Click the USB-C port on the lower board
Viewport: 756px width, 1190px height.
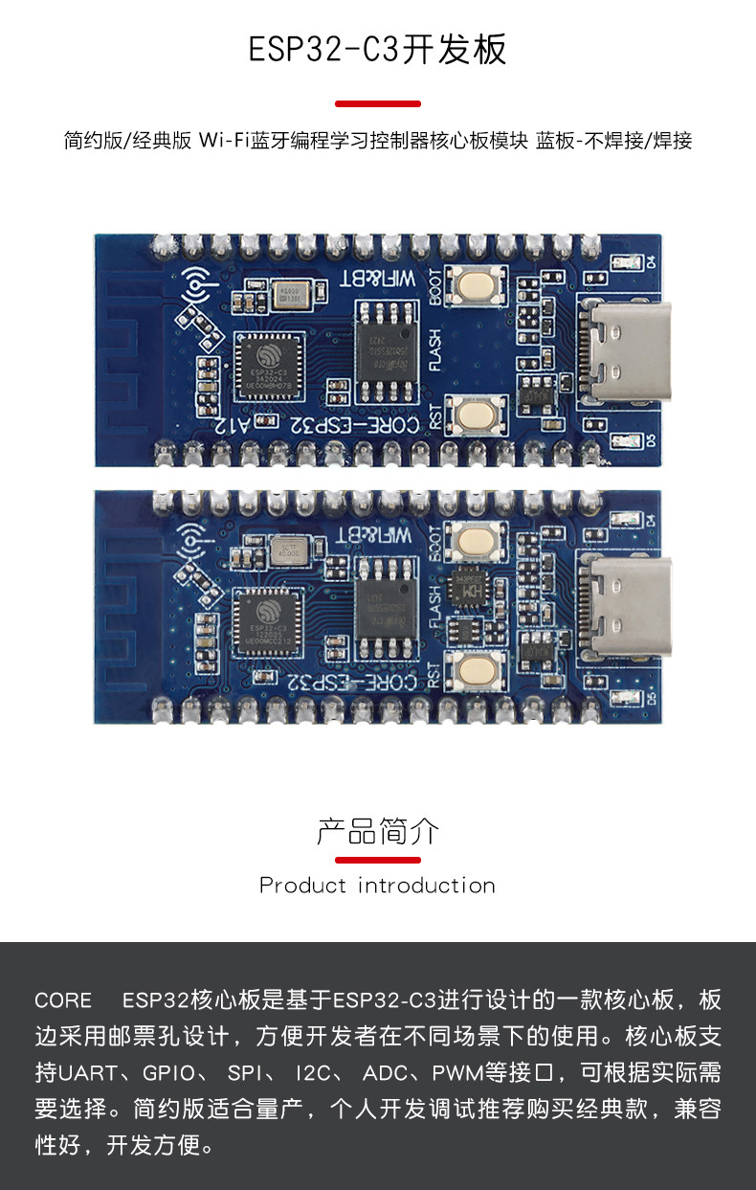click(x=629, y=607)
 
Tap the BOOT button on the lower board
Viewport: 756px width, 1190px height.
click(x=476, y=542)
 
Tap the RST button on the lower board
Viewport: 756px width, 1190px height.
click(x=476, y=669)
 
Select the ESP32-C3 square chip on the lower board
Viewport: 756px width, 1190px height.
click(x=267, y=622)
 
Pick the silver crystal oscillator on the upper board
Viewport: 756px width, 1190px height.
click(x=290, y=295)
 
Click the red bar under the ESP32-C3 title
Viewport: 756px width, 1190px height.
click(x=378, y=103)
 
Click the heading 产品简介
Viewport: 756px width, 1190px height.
click(x=378, y=831)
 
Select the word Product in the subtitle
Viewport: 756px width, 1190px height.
click(x=302, y=886)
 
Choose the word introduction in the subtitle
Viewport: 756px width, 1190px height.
click(x=426, y=886)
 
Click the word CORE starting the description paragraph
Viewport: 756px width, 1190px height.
click(x=63, y=1001)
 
